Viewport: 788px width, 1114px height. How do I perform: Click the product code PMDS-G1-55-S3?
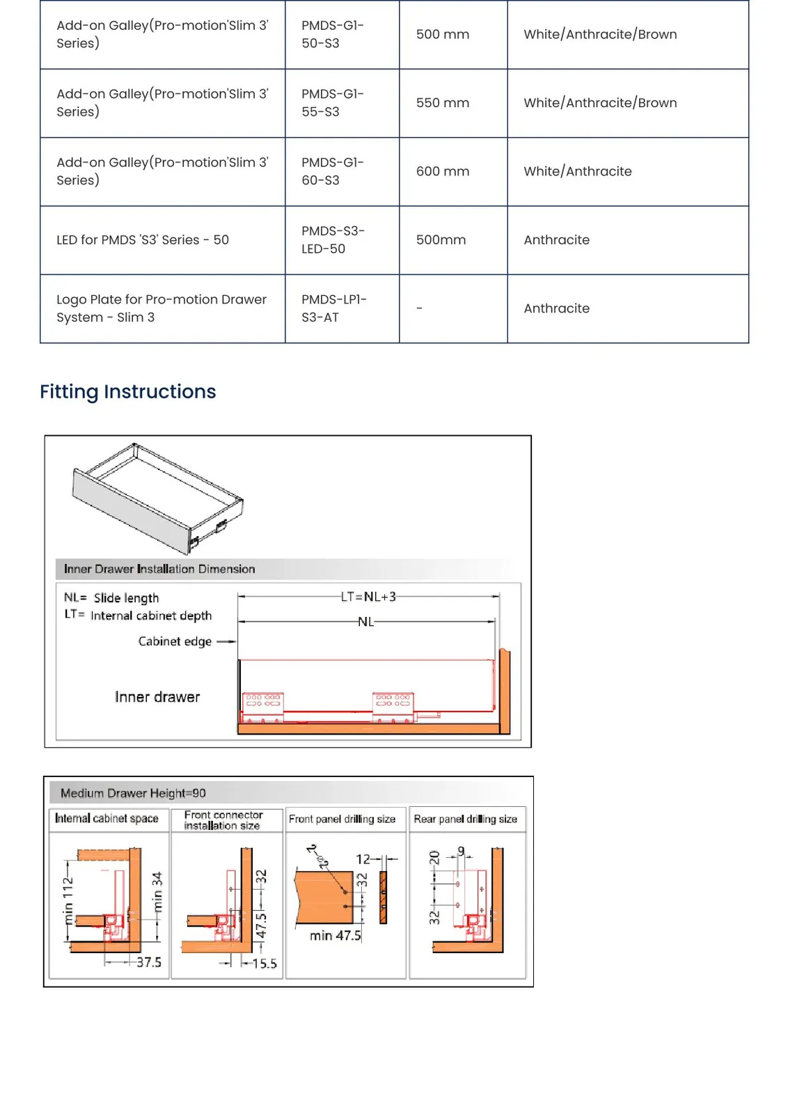[333, 102]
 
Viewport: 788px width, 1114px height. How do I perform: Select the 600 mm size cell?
[443, 171]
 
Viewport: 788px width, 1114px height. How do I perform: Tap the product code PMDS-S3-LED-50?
[333, 240]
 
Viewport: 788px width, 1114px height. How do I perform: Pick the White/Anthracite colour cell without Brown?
[577, 171]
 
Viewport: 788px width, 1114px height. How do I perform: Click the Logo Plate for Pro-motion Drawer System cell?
[161, 308]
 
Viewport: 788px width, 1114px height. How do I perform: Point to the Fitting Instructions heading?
[128, 391]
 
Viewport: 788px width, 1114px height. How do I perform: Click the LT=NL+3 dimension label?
[368, 596]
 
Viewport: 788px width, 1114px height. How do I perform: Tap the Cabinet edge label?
[175, 641]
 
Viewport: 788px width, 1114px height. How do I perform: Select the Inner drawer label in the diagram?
[157, 697]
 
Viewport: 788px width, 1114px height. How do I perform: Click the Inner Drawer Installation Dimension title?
[159, 569]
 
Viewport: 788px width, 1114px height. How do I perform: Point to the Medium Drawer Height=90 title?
[133, 793]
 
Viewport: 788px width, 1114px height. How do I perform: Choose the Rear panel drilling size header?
[465, 819]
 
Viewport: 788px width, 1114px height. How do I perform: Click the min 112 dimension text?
[68, 901]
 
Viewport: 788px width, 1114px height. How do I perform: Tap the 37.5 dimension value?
[149, 962]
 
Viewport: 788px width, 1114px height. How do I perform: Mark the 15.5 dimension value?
[264, 964]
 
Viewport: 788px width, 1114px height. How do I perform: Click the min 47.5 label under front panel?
[335, 936]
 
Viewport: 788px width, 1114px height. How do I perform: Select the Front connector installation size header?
[223, 820]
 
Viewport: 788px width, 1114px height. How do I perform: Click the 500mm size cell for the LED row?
[441, 240]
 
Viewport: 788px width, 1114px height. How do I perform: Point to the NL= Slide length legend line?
[111, 597]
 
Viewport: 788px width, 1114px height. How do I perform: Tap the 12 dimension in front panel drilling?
[363, 859]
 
